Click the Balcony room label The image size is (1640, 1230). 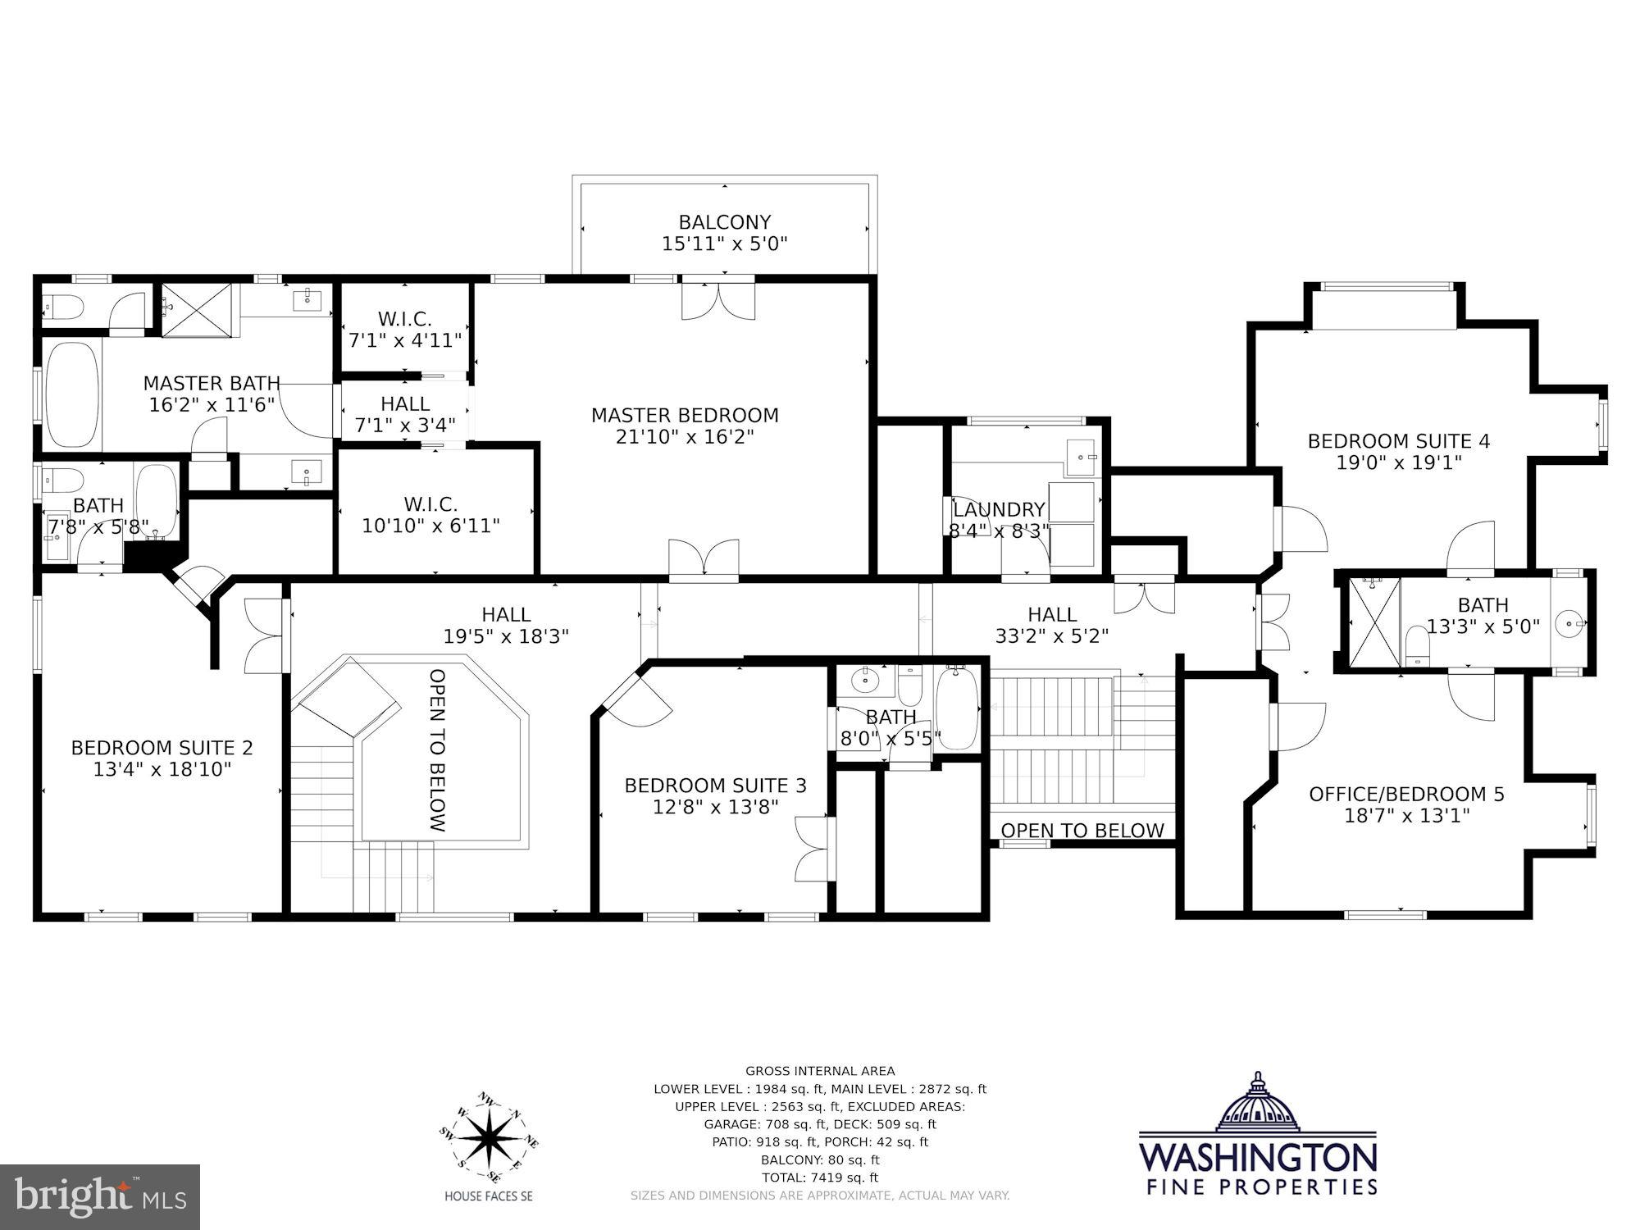[x=724, y=222]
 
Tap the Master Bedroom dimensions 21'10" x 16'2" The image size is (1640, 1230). [x=685, y=437]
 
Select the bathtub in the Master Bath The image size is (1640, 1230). [x=72, y=394]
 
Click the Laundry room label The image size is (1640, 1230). [x=999, y=510]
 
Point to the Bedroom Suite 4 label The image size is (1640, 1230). [x=1398, y=441]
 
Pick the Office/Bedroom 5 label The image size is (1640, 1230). [x=1406, y=794]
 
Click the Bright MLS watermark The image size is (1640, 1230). [x=99, y=1197]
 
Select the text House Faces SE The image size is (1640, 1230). [x=489, y=1196]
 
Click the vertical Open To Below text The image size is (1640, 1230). [x=438, y=750]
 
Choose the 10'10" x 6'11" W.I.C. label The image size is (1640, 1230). [x=430, y=515]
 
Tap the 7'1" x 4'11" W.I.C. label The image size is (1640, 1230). [x=404, y=330]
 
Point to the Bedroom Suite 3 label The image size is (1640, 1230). [x=715, y=786]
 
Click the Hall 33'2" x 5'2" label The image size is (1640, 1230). [x=1052, y=625]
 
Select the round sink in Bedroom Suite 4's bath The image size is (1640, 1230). [x=1571, y=623]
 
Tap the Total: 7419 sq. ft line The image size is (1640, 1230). [x=820, y=1178]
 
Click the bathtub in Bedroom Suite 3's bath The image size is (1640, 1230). [x=957, y=708]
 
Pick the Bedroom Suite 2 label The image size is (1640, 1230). [x=162, y=748]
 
